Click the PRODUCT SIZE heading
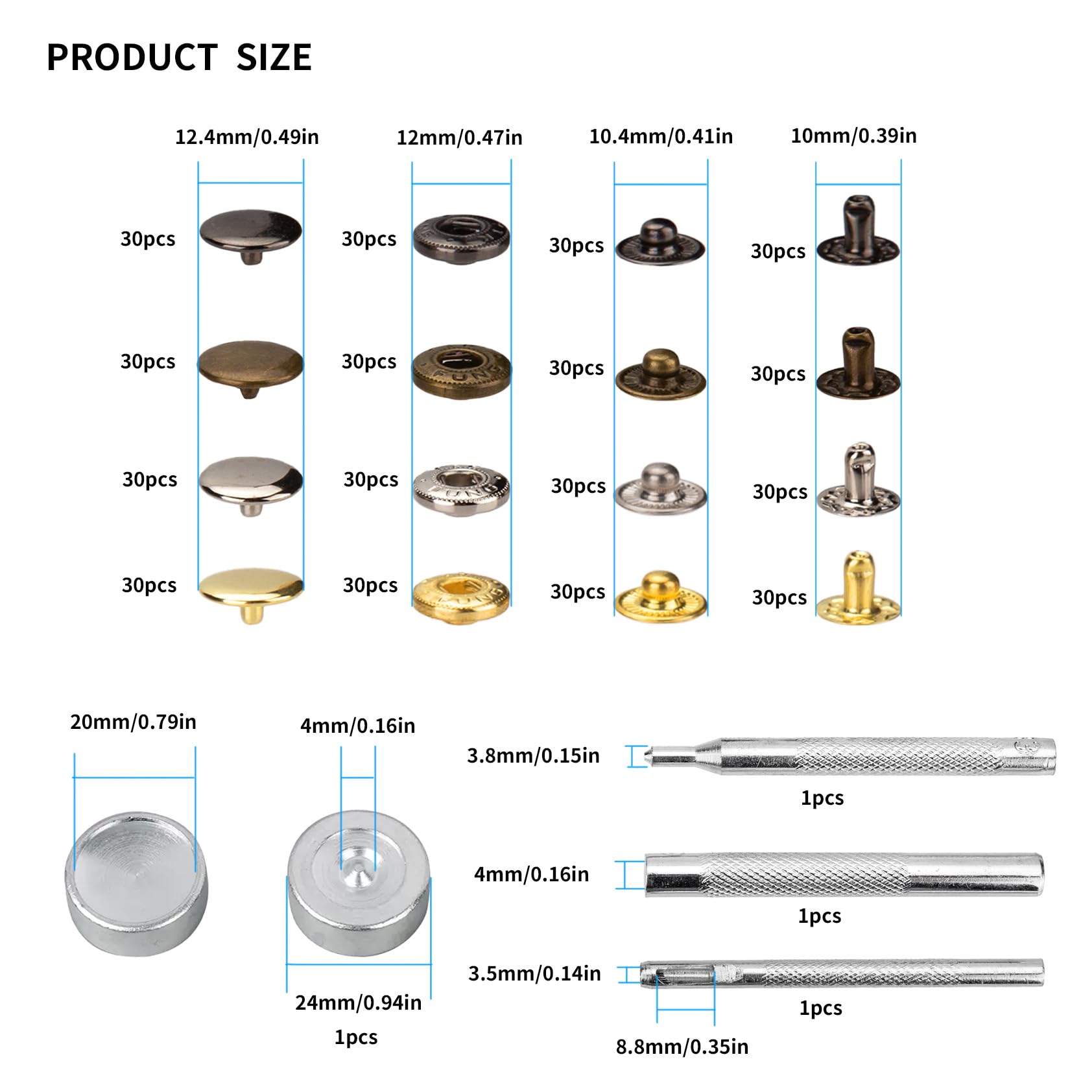[x=179, y=57]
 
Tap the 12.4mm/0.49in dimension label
[x=247, y=137]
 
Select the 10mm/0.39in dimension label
[x=853, y=136]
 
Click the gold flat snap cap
[x=251, y=594]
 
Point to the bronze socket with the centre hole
[x=462, y=372]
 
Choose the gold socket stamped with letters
[x=462, y=598]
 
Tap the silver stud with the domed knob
[x=660, y=490]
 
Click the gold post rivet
[x=859, y=588]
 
